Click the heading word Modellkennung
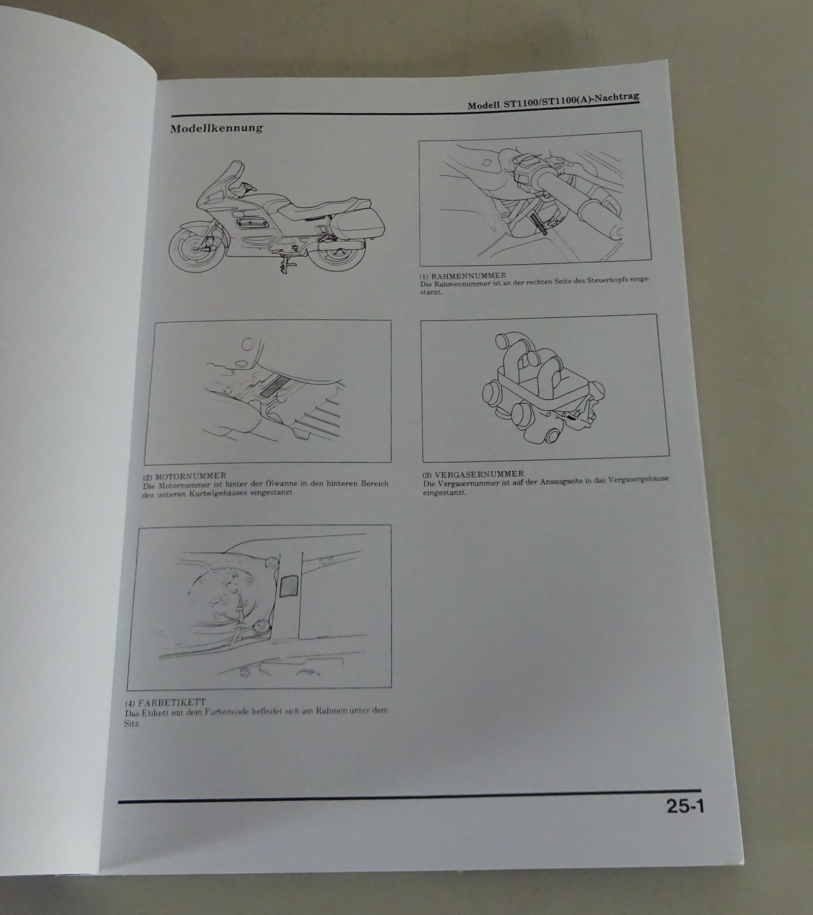(216, 128)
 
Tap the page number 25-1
(685, 807)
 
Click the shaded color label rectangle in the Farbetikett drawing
(287, 586)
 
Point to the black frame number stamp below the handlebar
(539, 224)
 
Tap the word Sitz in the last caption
(131, 723)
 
